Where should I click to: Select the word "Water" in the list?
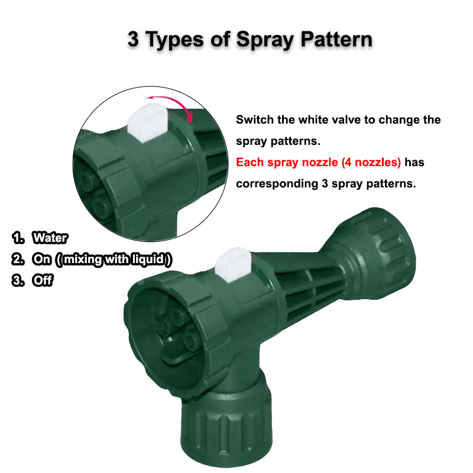pyautogui.click(x=50, y=238)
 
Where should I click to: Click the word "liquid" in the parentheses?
pyautogui.click(x=151, y=260)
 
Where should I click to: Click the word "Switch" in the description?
pyautogui.click(x=255, y=120)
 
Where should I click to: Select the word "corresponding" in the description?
pyautogui.click(x=276, y=183)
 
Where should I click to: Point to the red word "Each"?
pyautogui.click(x=249, y=162)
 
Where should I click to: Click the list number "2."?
pyautogui.click(x=18, y=260)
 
